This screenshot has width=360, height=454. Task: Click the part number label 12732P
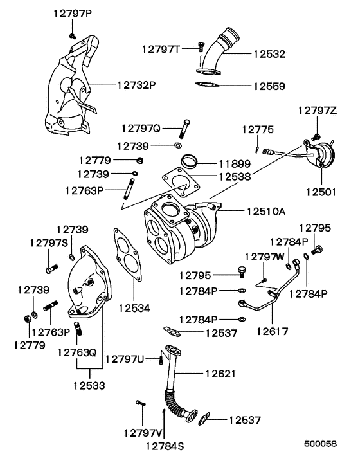pyautogui.click(x=136, y=84)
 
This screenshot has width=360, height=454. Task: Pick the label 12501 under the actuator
pyautogui.click(x=321, y=191)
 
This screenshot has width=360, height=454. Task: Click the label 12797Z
pyautogui.click(x=316, y=111)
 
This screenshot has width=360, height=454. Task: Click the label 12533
pyautogui.click(x=89, y=385)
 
